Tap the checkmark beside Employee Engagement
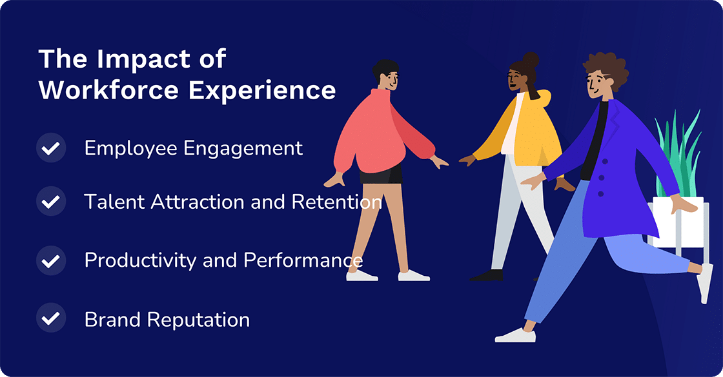51,148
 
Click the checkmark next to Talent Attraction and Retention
51,202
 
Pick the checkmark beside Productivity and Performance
51,260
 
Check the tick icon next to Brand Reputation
51,318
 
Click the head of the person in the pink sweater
386,75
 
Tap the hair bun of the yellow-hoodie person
531,60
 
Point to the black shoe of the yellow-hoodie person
488,275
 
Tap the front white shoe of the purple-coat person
515,335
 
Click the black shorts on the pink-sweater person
381,173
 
